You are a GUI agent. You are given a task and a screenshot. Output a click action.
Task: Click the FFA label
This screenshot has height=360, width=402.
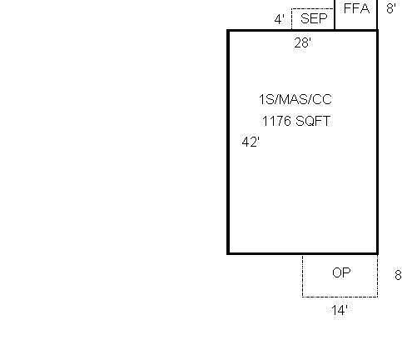tap(356, 8)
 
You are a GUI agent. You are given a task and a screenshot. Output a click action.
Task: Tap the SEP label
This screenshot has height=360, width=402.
tap(314, 18)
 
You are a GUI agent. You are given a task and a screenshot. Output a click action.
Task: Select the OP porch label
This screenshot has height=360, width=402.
tap(341, 272)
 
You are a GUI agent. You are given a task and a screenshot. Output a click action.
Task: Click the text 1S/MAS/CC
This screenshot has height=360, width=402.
tap(295, 99)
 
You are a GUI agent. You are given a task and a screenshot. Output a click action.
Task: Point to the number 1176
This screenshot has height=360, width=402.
tap(276, 121)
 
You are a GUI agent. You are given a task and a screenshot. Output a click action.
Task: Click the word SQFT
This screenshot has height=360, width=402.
tap(313, 121)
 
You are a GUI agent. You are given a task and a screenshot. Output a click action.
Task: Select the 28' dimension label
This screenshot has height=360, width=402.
tap(303, 43)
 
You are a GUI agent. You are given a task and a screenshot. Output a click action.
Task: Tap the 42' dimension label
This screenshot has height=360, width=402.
tap(251, 142)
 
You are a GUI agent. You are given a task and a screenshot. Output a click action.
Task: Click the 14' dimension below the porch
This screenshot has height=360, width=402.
tap(340, 310)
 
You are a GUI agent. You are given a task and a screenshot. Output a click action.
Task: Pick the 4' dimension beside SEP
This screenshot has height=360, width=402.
tap(280, 19)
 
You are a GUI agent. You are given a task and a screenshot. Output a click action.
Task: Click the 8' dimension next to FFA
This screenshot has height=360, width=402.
tap(391, 8)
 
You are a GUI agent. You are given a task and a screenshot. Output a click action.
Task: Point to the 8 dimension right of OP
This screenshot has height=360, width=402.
tap(398, 275)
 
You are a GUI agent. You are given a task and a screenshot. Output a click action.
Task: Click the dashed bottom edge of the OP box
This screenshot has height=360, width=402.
tap(340, 297)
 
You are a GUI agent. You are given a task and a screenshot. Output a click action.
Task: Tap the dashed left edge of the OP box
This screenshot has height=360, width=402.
tap(302, 276)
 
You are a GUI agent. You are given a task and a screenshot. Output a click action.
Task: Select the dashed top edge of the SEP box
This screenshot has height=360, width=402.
tap(313, 9)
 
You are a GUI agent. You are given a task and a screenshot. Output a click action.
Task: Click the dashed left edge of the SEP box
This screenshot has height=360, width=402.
tap(291, 19)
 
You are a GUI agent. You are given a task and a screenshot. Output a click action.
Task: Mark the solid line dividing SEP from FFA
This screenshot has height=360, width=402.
tap(335, 14)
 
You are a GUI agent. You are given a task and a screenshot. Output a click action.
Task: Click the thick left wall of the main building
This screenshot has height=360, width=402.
tap(228, 142)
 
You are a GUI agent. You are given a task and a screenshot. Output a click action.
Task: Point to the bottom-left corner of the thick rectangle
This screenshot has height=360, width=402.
tap(228, 253)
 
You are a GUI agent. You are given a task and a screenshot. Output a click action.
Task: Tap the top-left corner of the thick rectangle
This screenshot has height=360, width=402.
tap(228, 31)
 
